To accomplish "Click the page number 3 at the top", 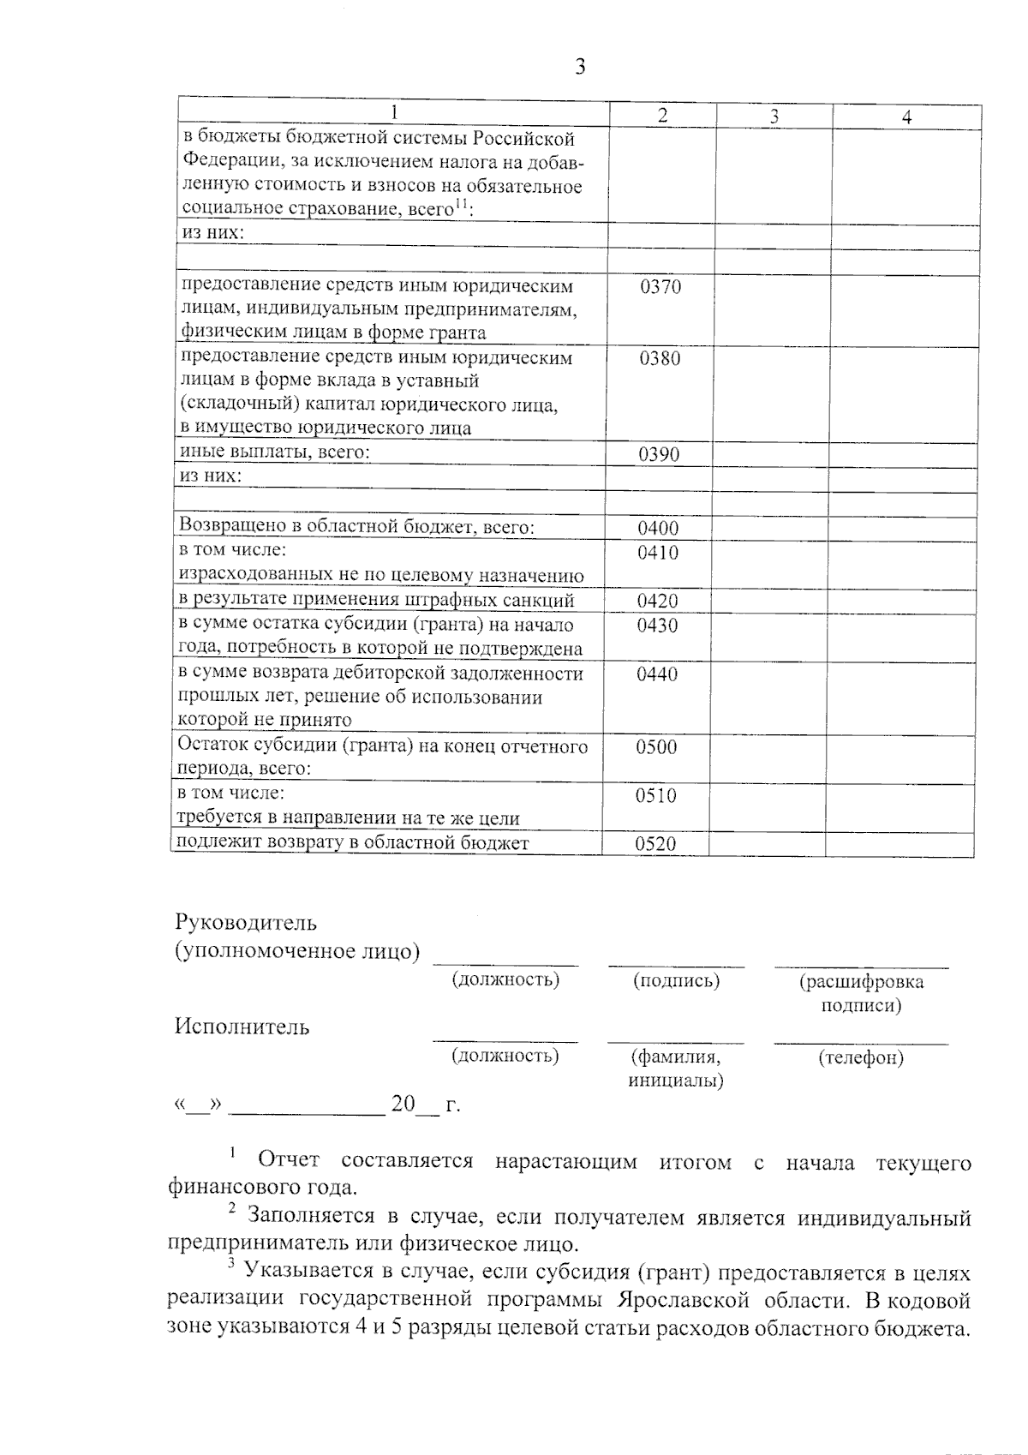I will (x=580, y=67).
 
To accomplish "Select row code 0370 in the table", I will (x=660, y=287).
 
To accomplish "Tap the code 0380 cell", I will (x=660, y=358).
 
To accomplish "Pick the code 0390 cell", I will (x=659, y=454).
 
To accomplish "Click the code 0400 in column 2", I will (x=658, y=529).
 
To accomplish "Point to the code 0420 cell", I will (x=657, y=601).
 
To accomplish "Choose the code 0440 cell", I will (x=657, y=674).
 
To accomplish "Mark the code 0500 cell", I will (x=656, y=747).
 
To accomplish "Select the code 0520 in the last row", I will (x=655, y=844).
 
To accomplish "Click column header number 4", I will (x=906, y=117).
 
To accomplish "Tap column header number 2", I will (x=662, y=117).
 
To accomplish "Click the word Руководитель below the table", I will (x=246, y=923).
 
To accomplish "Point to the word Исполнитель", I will (x=242, y=1027).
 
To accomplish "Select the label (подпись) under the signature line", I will (x=676, y=980).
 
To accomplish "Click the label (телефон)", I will (x=861, y=1057).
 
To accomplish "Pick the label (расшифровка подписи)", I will (x=861, y=993).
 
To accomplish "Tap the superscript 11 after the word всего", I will (x=462, y=203).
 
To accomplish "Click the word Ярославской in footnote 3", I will (x=678, y=1299).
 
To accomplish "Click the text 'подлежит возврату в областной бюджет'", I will (x=352, y=842).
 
